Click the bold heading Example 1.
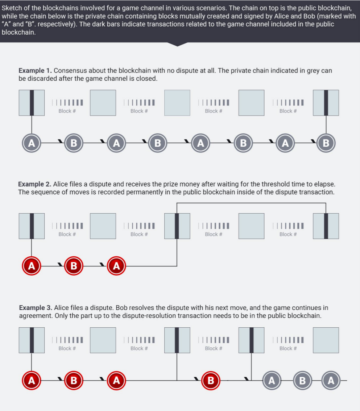[35, 71]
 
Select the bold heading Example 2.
[35, 184]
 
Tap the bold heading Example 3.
[36, 308]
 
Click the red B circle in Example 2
[74, 266]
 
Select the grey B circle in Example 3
[302, 380]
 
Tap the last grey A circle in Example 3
[331, 380]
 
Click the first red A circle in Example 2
[32, 266]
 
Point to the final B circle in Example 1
[326, 143]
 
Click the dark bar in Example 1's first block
[32, 103]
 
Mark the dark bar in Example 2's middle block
[177, 226]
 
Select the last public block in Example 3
[326, 340]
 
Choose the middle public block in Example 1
[177, 103]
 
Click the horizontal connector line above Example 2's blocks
[251, 203]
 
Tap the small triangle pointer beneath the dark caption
[177, 44]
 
